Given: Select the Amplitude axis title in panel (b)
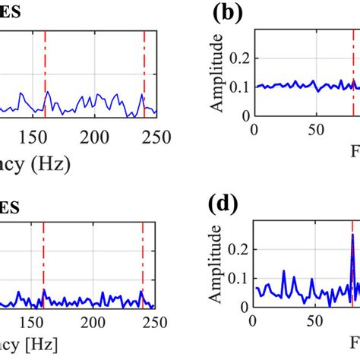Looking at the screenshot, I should tap(218, 79).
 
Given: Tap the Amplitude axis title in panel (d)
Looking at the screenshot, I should tap(218, 266).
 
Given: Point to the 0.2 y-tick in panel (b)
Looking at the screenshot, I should tap(239, 57).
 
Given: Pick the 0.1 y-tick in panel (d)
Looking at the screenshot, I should tap(239, 279).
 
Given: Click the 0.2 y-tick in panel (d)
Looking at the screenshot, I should tap(239, 248).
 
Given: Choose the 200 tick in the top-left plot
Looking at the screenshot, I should tap(95, 137).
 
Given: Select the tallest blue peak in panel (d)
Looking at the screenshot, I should tap(352, 235).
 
